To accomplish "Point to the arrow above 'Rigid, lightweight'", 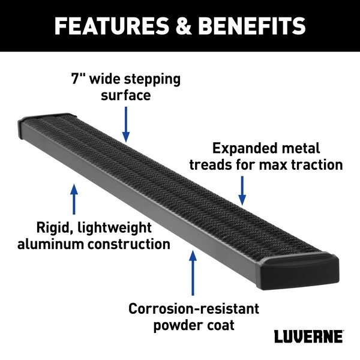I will click(74, 200).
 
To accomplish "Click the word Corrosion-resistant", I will click(194, 309).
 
